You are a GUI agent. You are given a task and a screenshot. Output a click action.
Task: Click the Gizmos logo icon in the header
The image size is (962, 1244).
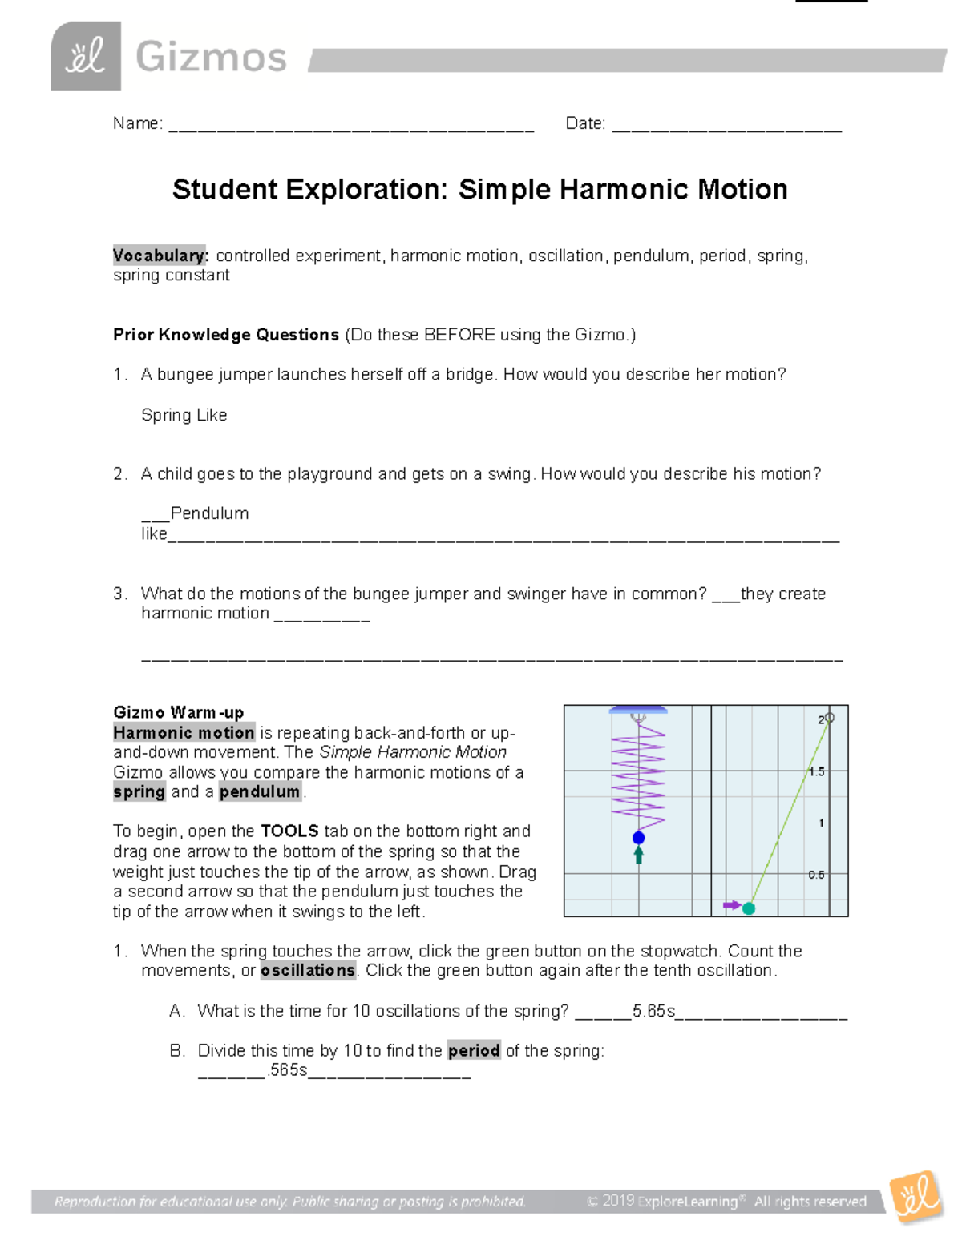pyautogui.click(x=86, y=56)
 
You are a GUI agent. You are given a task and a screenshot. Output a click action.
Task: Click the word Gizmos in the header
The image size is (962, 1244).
pyautogui.click(x=211, y=58)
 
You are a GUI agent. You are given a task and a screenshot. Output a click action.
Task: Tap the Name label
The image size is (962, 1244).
pyautogui.click(x=137, y=123)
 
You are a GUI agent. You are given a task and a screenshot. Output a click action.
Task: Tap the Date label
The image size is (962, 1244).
pyautogui.click(x=584, y=123)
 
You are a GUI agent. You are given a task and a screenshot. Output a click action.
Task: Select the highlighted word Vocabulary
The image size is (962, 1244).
pyautogui.click(x=160, y=256)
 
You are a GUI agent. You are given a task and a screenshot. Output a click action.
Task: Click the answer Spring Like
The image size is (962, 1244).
pyautogui.click(x=184, y=415)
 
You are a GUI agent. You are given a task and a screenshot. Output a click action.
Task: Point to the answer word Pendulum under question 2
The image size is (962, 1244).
pyautogui.click(x=209, y=513)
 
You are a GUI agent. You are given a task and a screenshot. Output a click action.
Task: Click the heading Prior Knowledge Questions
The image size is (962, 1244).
pyautogui.click(x=226, y=335)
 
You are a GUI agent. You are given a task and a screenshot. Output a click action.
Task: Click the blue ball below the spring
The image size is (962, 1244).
pyautogui.click(x=638, y=838)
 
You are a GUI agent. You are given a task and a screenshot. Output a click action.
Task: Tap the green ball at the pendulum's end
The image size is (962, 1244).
pyautogui.click(x=749, y=908)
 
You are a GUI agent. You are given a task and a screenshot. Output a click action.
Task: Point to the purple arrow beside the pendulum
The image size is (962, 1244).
pyautogui.click(x=731, y=905)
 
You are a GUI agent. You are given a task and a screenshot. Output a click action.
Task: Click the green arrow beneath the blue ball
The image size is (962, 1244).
pyautogui.click(x=638, y=856)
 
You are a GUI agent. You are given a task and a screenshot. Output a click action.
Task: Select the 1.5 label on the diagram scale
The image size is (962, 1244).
pyautogui.click(x=816, y=771)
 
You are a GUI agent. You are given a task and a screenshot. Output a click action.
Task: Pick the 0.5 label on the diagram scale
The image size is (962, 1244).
pyautogui.click(x=815, y=875)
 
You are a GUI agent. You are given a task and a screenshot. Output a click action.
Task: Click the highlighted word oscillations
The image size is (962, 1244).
pyautogui.click(x=308, y=971)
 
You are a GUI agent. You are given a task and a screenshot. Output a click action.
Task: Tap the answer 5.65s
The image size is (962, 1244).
pyautogui.click(x=653, y=1011)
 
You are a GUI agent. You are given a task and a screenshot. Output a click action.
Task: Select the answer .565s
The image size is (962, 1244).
pyautogui.click(x=288, y=1070)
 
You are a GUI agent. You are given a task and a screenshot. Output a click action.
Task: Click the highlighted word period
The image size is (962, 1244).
pyautogui.click(x=474, y=1050)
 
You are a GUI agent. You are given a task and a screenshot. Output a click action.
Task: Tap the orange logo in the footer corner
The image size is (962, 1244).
pyautogui.click(x=916, y=1198)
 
